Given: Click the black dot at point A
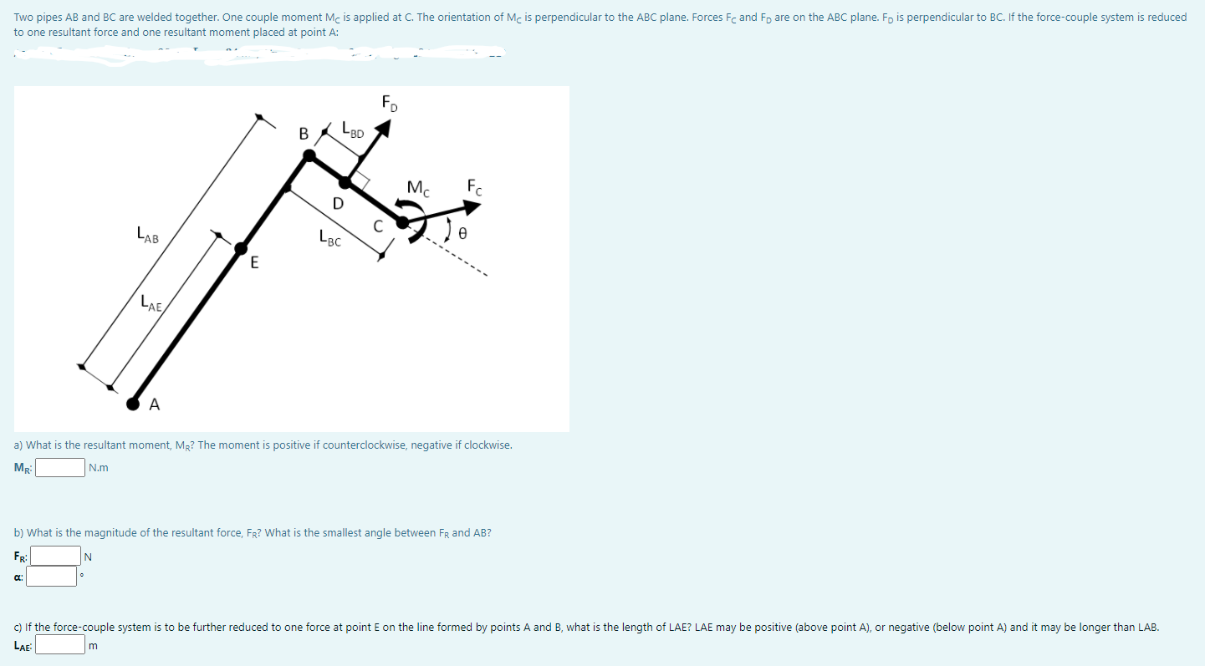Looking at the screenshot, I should (133, 404).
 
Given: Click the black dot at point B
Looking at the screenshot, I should (309, 155).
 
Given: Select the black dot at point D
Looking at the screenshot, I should (345, 183).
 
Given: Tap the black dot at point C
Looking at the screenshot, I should (402, 222).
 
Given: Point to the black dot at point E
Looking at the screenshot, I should (241, 247).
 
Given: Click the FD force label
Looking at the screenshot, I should (390, 104).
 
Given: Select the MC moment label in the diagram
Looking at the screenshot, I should (418, 189).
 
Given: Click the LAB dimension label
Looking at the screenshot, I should (147, 237).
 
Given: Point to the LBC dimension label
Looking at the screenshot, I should (329, 240).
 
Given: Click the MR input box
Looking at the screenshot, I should (59, 467).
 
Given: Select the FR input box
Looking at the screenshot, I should (55, 555).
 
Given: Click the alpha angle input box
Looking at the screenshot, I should (55, 576).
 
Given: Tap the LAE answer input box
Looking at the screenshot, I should (59, 644).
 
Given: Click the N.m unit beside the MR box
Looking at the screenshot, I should (98, 468).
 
